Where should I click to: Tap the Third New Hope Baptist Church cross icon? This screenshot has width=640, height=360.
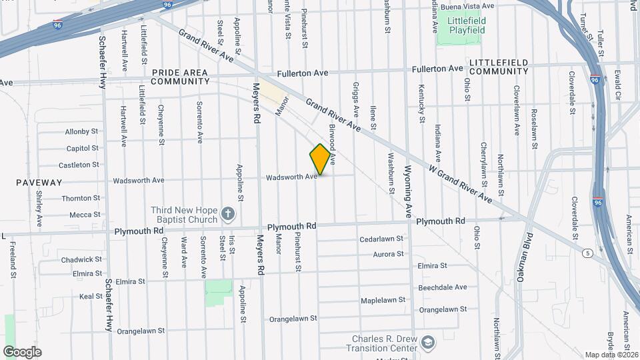click(x=228, y=213)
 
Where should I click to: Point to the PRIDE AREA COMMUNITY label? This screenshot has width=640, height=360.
click(x=180, y=77)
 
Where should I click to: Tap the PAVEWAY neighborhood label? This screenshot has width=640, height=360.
click(x=39, y=182)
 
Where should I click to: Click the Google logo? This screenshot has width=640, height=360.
click(x=22, y=352)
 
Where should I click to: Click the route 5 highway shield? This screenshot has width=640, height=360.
click(x=587, y=253)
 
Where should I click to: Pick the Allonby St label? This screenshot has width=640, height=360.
click(x=82, y=131)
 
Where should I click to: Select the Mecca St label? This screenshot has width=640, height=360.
click(x=85, y=215)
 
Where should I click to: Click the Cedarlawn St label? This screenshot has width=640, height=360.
click(x=382, y=238)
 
